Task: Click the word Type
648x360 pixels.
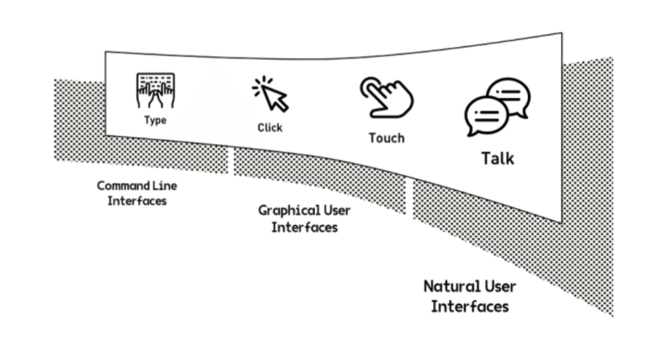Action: (x=155, y=120)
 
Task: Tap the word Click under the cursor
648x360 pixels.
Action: (x=270, y=128)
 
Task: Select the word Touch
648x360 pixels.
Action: (x=386, y=138)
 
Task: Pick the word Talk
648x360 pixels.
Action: (x=497, y=158)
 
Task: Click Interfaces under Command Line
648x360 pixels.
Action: (x=137, y=200)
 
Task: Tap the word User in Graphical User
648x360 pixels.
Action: (x=337, y=210)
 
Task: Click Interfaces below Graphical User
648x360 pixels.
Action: (x=304, y=226)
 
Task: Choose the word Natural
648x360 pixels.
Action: (x=452, y=286)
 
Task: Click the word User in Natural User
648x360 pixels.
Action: (x=500, y=286)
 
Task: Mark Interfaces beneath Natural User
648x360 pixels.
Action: (x=470, y=306)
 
